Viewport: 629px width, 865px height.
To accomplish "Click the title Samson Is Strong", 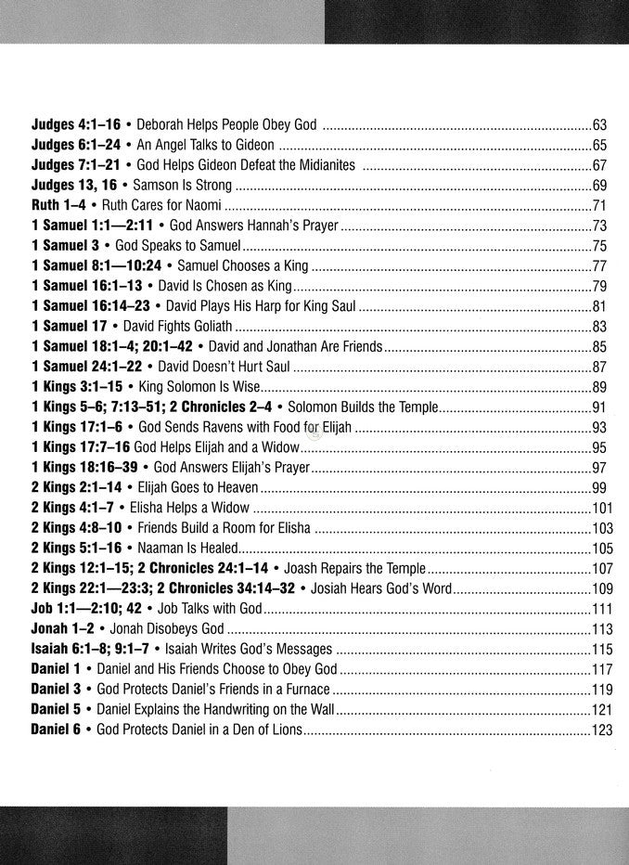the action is (179, 186).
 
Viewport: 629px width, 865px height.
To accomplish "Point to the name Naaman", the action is (160, 549).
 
